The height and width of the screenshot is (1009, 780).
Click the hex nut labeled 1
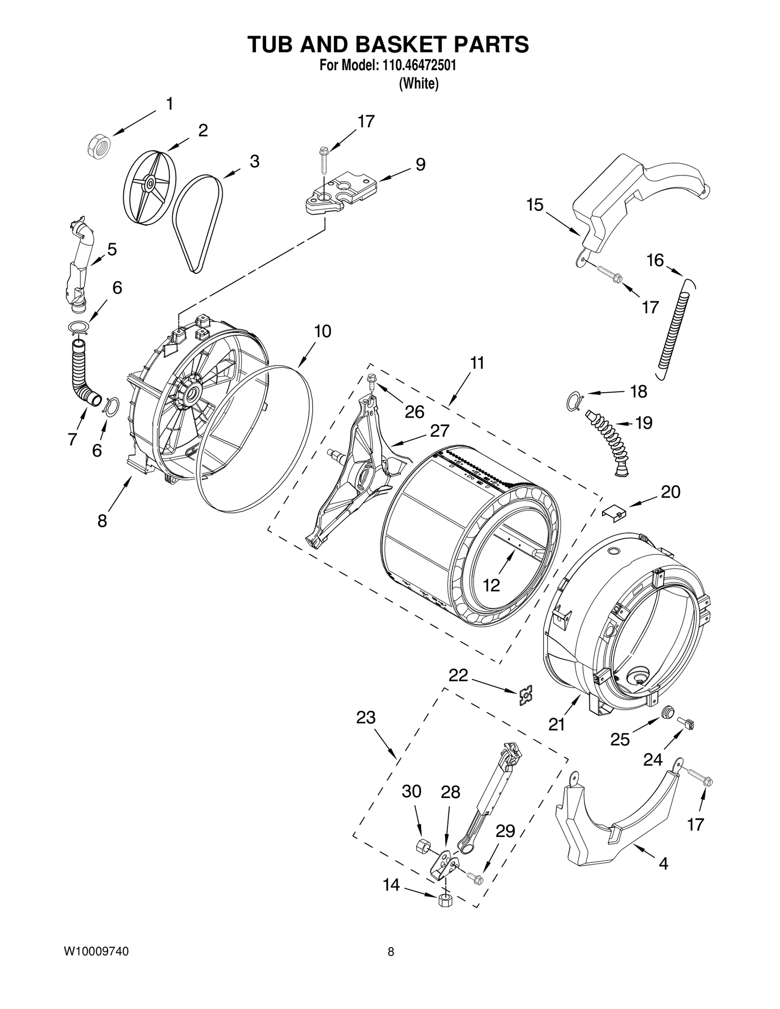pyautogui.click(x=99, y=145)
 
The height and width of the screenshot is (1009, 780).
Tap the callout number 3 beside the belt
pyautogui.click(x=254, y=161)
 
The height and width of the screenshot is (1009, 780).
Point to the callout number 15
pyautogui.click(x=535, y=205)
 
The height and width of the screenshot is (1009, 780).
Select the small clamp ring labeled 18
pyautogui.click(x=574, y=399)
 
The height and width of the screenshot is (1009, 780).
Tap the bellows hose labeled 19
pyautogui.click(x=606, y=439)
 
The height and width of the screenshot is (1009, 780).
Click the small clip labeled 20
pyautogui.click(x=614, y=512)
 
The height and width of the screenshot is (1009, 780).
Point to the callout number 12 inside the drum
pyautogui.click(x=491, y=585)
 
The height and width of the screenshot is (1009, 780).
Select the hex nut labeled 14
pyautogui.click(x=444, y=900)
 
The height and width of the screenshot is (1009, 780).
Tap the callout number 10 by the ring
pyautogui.click(x=322, y=331)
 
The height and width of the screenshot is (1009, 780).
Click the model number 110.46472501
pyautogui.click(x=416, y=65)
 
